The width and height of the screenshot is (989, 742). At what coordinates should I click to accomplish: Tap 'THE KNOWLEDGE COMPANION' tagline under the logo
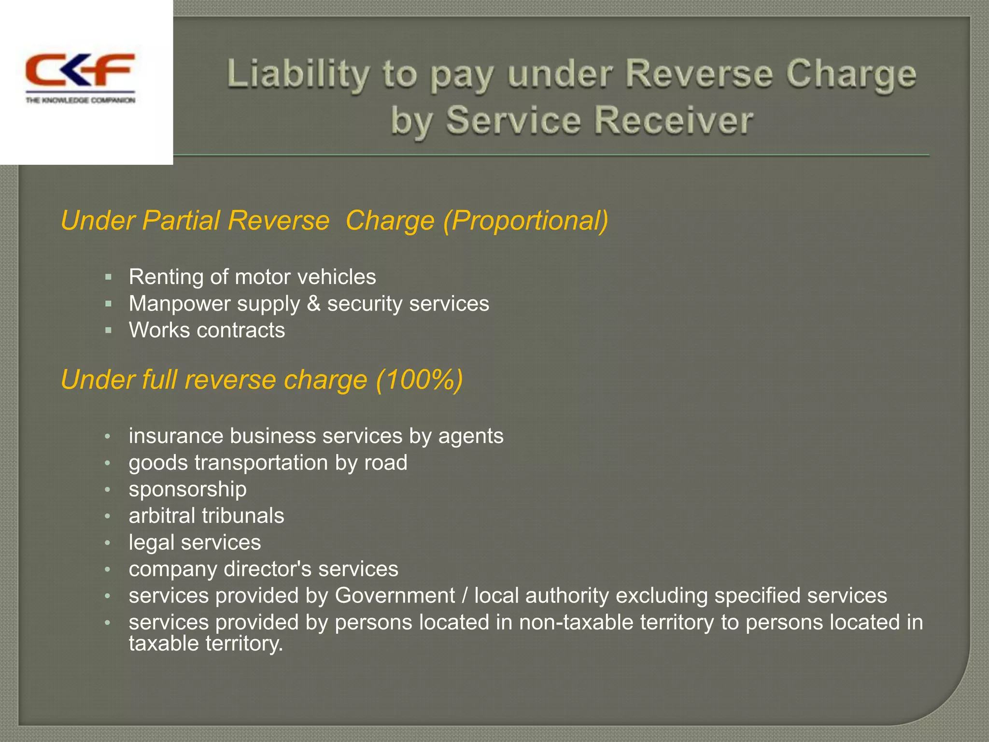(80, 100)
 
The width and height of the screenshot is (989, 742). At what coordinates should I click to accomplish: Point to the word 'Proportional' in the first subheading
(525, 221)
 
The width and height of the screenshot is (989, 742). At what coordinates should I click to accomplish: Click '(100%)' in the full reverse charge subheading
(419, 380)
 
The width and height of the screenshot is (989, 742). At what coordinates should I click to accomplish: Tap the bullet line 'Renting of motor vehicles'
(252, 277)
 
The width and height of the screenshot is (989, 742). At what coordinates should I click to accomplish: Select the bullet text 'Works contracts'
(207, 330)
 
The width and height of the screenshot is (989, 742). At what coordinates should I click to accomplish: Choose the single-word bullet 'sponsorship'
(187, 489)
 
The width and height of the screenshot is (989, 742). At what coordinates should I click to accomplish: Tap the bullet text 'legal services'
(195, 542)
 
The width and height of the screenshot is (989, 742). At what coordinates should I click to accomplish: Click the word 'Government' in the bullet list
(395, 596)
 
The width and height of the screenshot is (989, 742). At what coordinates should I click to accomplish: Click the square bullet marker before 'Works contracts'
(108, 330)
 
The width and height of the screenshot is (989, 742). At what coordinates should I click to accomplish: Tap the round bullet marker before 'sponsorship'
(108, 490)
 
